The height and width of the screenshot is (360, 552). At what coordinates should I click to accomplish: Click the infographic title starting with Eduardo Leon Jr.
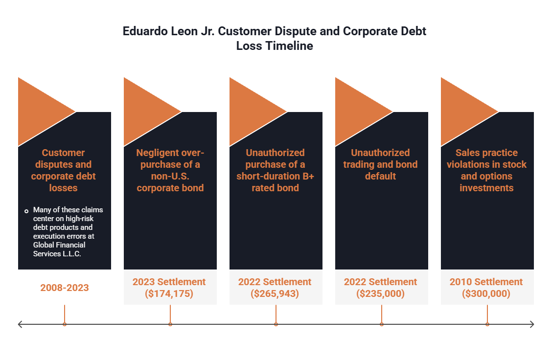pos(275,39)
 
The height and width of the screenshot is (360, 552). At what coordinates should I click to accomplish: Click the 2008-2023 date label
pos(65,288)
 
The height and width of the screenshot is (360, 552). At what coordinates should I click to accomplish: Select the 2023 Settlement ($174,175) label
pos(169,288)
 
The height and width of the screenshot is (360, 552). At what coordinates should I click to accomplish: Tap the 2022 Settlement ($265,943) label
pos(275,288)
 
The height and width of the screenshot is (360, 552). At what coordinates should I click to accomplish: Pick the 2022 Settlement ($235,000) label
pos(381,288)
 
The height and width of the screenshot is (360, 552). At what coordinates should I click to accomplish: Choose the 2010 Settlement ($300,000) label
pos(486,288)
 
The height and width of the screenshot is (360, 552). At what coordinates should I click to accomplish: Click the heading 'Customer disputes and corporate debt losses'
pos(64,170)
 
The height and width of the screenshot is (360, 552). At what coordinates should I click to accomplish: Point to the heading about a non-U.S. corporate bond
pos(170,170)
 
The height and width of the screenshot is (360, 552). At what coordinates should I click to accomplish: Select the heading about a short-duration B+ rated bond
pos(275,170)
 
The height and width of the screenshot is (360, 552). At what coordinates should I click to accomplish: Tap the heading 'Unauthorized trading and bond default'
pos(381,164)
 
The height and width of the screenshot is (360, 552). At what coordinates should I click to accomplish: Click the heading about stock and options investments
pos(486,170)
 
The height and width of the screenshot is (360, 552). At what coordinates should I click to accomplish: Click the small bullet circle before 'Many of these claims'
pos(26,211)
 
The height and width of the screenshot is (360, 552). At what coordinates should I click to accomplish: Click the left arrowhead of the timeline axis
pos(20,324)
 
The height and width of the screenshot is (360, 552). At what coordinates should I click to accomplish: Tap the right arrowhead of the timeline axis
pos(531,324)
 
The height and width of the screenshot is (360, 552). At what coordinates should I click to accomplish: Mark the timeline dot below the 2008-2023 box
pos(65,324)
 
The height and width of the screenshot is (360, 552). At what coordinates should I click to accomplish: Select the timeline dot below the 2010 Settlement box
pos(487,324)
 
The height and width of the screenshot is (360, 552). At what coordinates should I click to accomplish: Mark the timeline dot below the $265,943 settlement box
pos(276,324)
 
